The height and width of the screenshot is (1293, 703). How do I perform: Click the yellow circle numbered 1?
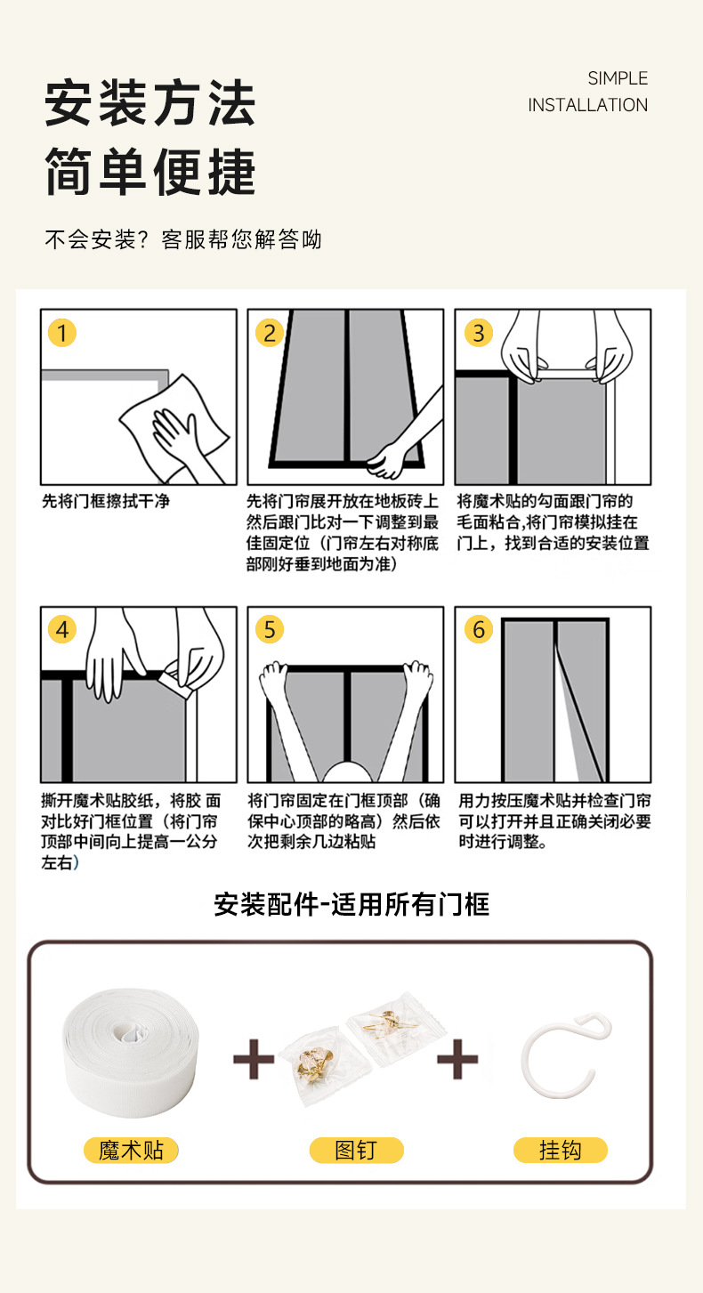[62, 333]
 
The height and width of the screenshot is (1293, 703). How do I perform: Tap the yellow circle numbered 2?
[270, 333]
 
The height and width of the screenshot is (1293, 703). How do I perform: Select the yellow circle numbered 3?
[479, 333]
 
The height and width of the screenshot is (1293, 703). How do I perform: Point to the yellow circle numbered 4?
[62, 629]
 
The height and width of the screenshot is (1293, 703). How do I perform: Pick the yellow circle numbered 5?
[270, 629]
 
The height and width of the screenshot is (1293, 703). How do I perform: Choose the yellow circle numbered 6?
[479, 629]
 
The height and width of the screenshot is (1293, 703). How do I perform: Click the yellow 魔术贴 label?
[131, 1151]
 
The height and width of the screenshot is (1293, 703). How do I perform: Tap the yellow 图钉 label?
[356, 1151]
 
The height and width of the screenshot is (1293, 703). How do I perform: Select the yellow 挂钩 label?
[561, 1151]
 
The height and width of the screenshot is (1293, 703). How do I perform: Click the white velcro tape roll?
[131, 1052]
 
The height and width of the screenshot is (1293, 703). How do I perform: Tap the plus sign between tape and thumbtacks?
[254, 1059]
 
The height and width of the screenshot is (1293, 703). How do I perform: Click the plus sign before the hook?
[457, 1059]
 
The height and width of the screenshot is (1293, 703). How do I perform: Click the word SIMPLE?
[618, 78]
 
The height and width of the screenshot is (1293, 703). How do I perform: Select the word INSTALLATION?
[587, 105]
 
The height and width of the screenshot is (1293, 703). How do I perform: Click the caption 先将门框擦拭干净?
[106, 501]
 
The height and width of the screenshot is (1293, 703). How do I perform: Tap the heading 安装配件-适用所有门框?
[351, 904]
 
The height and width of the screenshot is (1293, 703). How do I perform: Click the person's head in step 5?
[346, 772]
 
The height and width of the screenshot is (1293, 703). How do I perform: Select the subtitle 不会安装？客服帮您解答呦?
[183, 239]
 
